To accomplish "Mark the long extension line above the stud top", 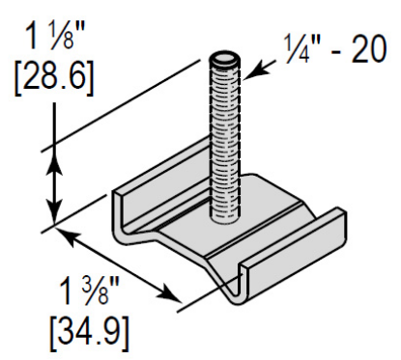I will (126, 106).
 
